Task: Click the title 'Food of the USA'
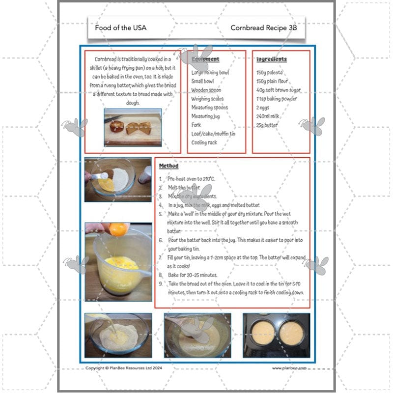coord(120,28)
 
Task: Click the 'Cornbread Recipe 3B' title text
coord(264,28)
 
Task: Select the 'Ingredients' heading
coord(271,59)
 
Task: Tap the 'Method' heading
coord(168,167)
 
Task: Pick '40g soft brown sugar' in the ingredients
coord(279,90)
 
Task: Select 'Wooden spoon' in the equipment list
coord(206,90)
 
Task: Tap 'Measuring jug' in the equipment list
coord(205,116)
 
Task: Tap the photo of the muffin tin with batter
coord(276,336)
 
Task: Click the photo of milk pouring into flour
coord(117,336)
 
